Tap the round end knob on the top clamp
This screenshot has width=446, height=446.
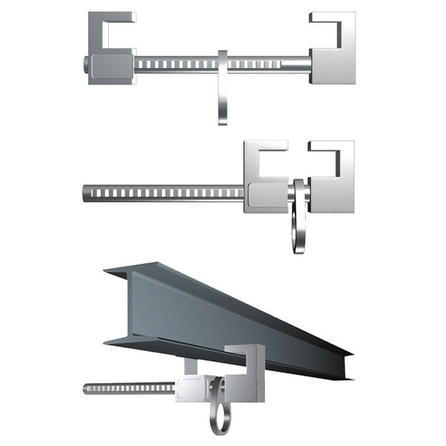click(81, 64)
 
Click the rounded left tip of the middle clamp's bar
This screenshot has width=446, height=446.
click(83, 189)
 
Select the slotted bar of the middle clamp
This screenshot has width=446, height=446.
click(166, 189)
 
